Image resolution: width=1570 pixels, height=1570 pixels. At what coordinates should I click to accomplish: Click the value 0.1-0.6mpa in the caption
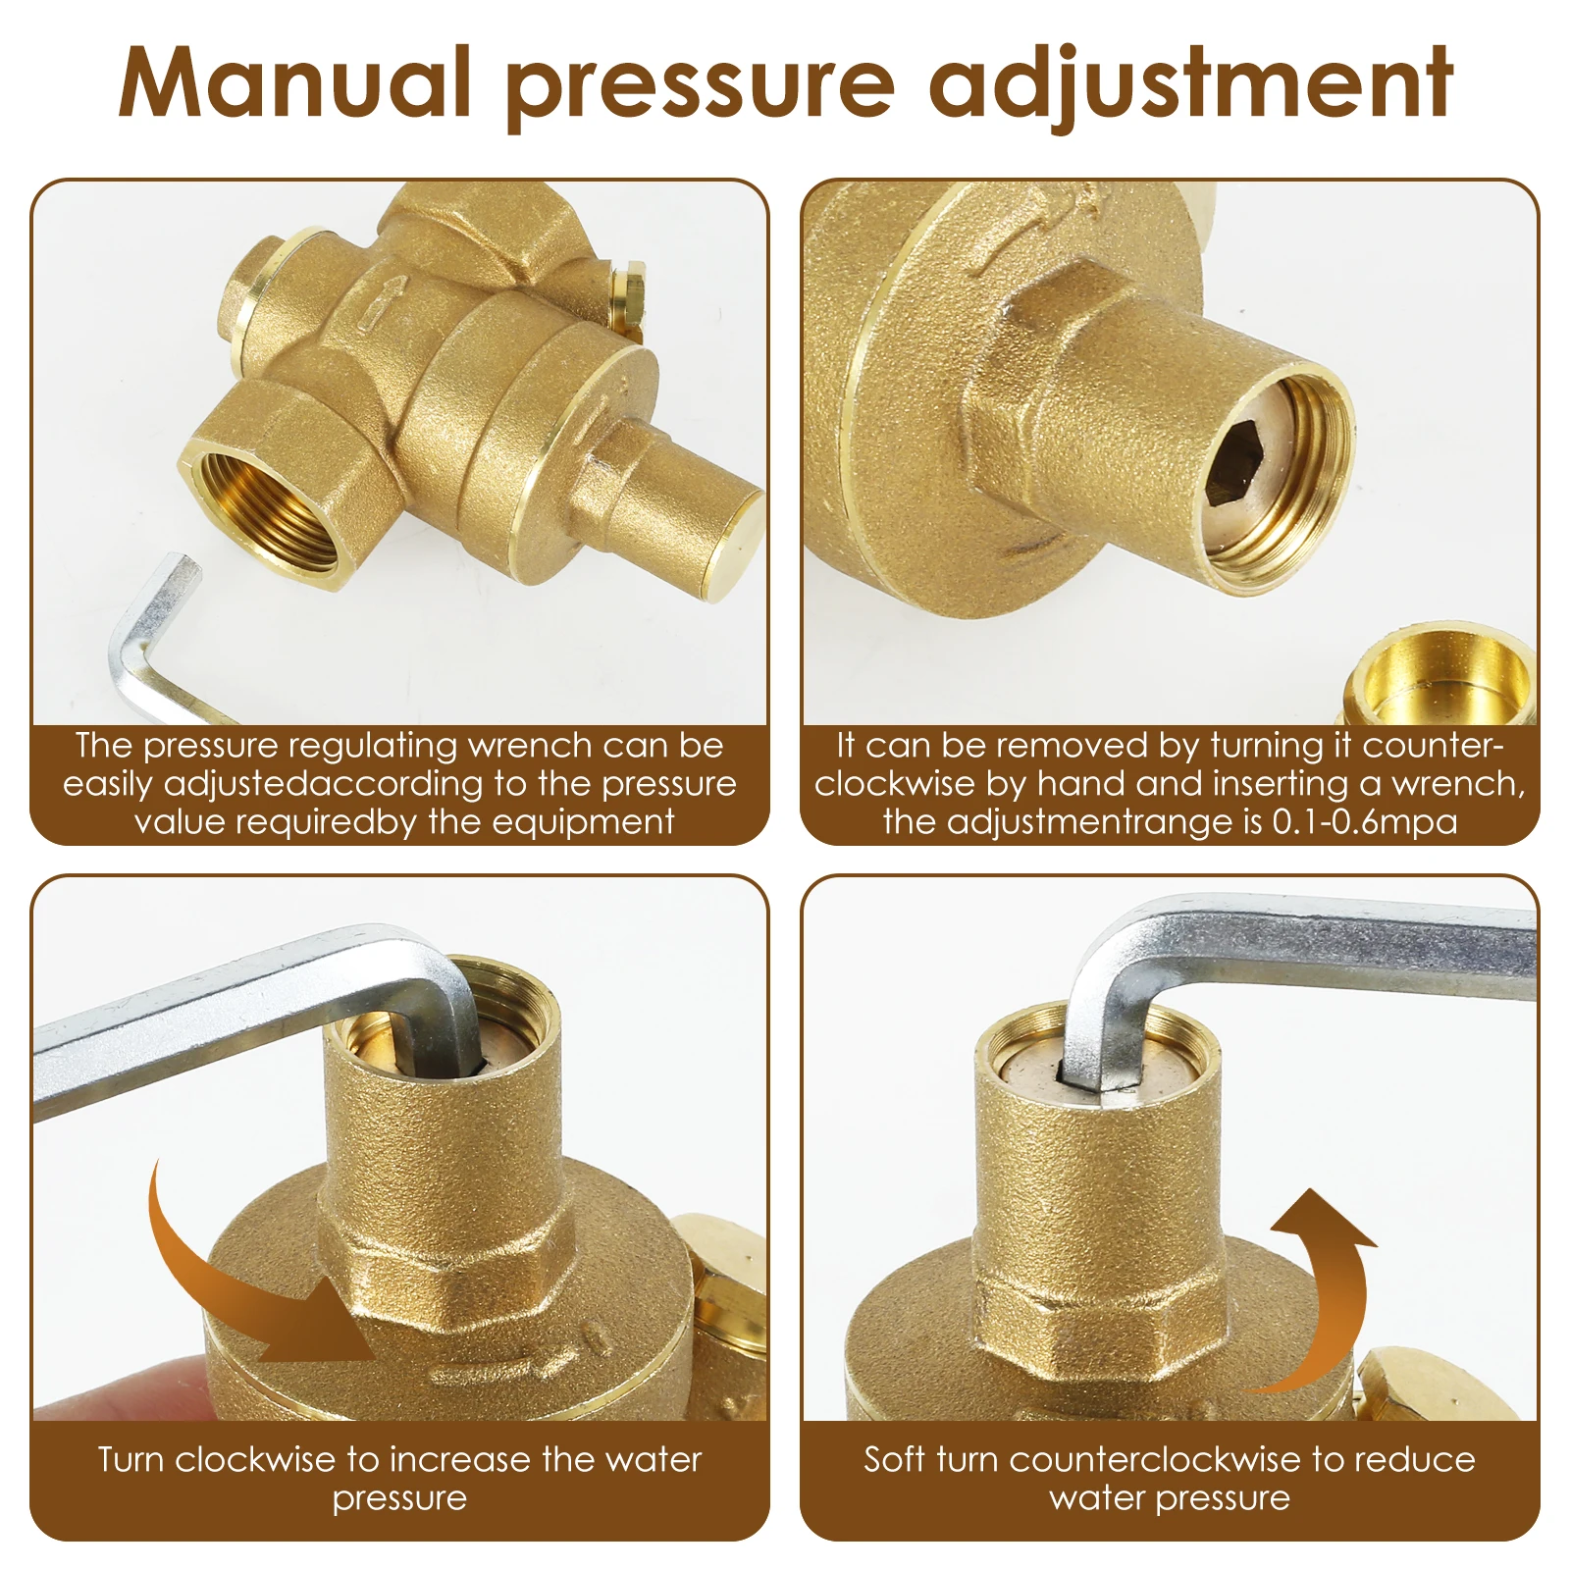[x=1364, y=821]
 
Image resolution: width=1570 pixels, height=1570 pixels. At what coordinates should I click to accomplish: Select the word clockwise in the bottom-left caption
[x=255, y=1459]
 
